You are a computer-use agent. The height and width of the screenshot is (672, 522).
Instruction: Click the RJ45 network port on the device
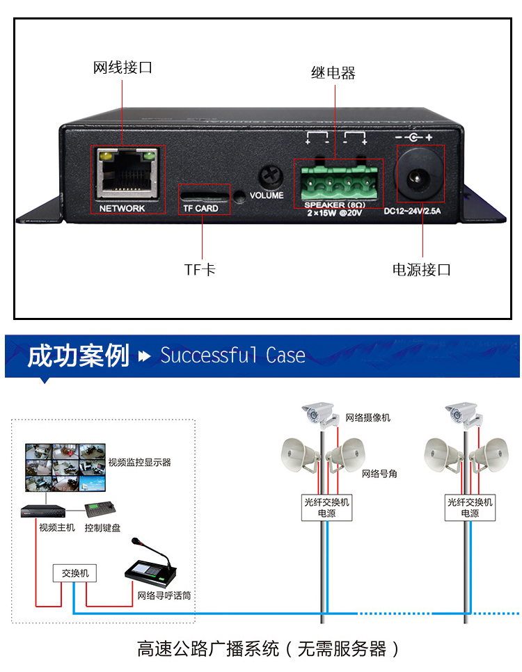127,173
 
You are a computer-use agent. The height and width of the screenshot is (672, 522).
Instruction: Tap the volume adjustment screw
271,176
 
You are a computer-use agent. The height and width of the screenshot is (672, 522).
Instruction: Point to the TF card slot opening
205,196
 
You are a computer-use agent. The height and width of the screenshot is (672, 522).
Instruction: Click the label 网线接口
122,67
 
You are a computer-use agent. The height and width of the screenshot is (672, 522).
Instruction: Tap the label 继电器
333,73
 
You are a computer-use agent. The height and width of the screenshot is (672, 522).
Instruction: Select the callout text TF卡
200,270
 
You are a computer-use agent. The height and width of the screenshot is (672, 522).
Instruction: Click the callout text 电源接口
422,270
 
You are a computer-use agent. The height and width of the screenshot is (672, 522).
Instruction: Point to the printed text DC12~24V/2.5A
412,211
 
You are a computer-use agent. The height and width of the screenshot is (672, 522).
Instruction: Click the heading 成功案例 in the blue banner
78,355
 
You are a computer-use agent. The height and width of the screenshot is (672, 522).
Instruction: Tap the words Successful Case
233,355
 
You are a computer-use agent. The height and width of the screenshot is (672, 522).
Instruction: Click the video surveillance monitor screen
65,467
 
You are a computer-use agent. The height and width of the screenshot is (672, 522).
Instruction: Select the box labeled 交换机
74,573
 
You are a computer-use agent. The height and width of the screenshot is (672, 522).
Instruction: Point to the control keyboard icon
100,509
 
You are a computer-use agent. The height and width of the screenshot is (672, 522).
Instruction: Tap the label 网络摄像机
368,417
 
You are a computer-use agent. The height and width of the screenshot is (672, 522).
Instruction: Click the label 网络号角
379,474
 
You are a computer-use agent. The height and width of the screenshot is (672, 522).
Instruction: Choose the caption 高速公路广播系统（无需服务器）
268,649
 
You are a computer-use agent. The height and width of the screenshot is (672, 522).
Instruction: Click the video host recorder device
43,511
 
